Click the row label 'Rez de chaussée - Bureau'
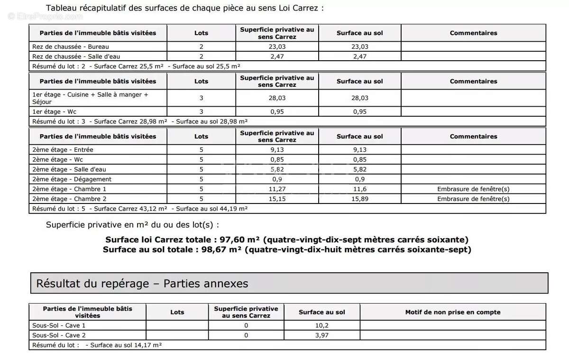(70, 46)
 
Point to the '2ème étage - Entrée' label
(63, 150)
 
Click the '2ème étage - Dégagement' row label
(72, 179)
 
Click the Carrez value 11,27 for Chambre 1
(277, 189)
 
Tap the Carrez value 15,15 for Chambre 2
(277, 199)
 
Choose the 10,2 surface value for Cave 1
(321, 325)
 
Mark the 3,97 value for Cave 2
(321, 335)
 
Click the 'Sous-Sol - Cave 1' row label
(59, 325)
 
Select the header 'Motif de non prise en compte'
(452, 312)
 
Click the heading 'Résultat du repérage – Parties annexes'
(142, 284)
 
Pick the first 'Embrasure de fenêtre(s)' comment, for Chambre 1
(473, 189)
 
